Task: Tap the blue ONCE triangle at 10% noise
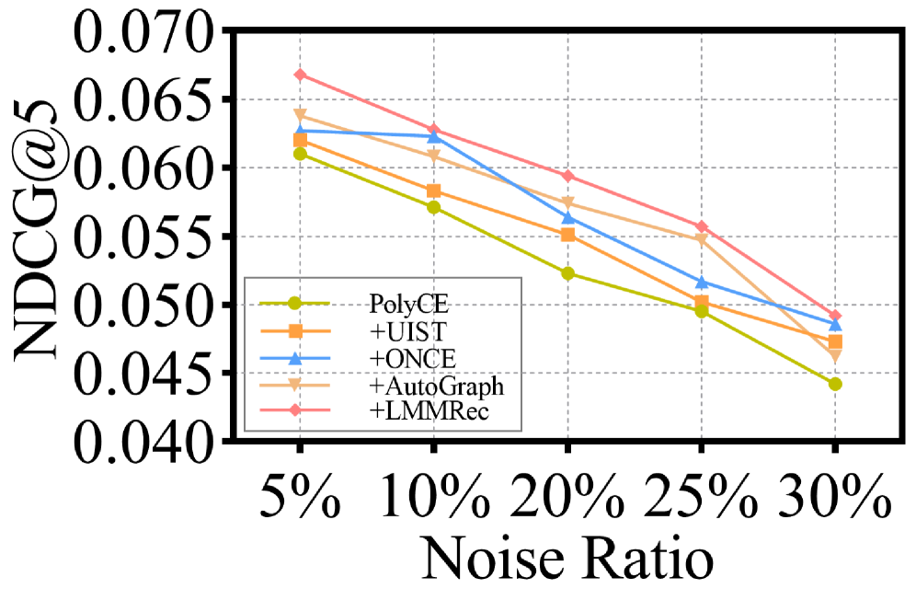pos(433,136)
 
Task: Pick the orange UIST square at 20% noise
pos(567,235)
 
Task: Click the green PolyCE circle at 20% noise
pos(567,273)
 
